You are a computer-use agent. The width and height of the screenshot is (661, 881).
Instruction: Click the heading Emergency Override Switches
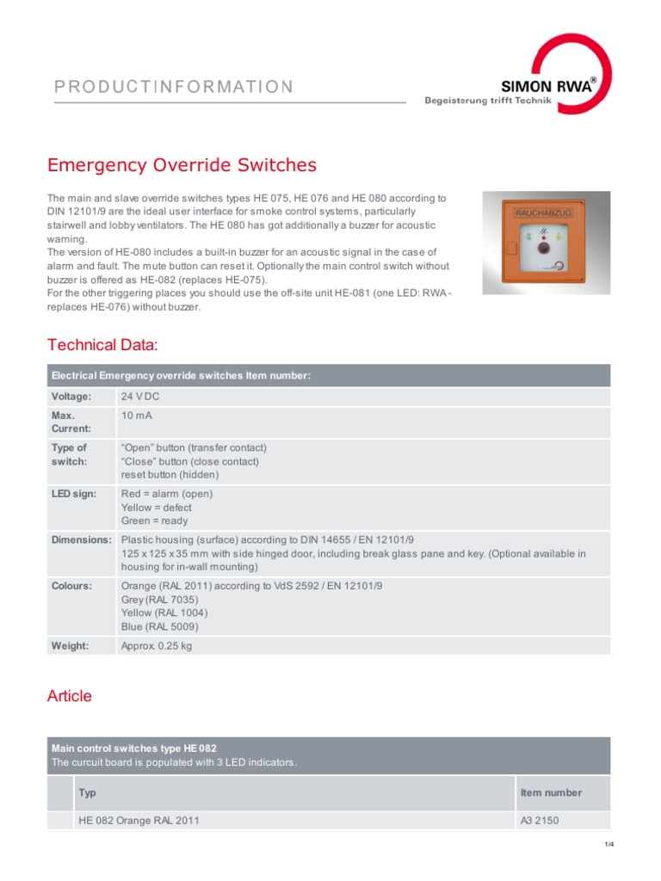(x=182, y=164)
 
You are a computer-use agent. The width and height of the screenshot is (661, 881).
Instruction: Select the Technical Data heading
(x=102, y=345)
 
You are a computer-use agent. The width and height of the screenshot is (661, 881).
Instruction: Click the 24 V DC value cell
(x=140, y=397)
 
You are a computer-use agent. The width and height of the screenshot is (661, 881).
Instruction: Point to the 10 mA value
(x=136, y=416)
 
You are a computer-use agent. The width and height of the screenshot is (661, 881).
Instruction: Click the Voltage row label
(x=71, y=397)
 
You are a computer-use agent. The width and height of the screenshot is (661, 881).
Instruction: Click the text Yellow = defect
(x=157, y=508)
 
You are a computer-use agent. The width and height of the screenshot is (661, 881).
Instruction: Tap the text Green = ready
(x=154, y=521)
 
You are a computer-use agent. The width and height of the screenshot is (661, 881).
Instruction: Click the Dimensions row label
(x=82, y=540)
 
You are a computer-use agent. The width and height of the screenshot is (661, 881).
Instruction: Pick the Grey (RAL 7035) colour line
(x=159, y=600)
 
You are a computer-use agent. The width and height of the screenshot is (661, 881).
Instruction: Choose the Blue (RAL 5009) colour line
(x=159, y=626)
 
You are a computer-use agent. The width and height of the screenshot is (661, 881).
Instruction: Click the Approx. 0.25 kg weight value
(x=157, y=646)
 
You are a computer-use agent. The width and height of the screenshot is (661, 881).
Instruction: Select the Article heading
(x=70, y=696)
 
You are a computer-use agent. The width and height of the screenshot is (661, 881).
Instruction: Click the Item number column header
(x=551, y=792)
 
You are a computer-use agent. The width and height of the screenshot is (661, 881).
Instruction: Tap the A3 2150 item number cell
(x=540, y=820)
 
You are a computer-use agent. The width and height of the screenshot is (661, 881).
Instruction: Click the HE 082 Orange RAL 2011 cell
(x=139, y=820)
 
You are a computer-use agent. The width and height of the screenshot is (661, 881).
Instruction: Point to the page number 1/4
(x=608, y=844)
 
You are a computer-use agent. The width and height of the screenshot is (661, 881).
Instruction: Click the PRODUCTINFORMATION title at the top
(x=174, y=86)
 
